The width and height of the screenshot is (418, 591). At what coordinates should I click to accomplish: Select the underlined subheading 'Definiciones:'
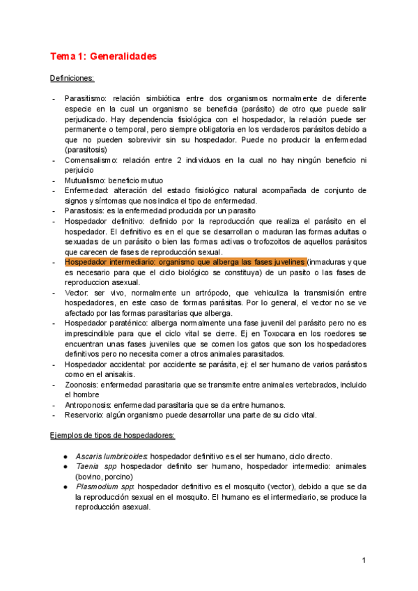tap(73, 78)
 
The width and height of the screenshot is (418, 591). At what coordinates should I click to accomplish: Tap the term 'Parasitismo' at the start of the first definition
tap(86, 99)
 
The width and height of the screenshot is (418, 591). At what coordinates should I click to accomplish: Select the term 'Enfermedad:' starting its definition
tap(87, 190)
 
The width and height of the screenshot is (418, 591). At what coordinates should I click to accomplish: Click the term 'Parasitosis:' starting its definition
tap(86, 210)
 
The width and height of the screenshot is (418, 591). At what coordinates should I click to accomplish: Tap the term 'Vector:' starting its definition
tap(77, 293)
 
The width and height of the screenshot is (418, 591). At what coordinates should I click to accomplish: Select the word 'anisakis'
tap(135, 374)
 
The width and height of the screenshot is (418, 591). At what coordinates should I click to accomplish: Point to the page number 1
tap(364, 561)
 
